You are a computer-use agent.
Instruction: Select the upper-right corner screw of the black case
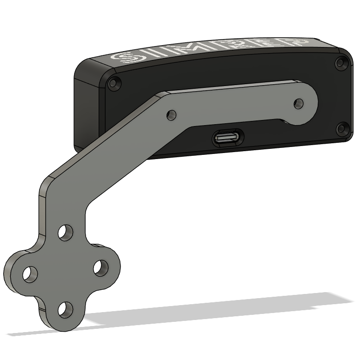341,62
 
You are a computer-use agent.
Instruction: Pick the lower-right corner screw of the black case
342,129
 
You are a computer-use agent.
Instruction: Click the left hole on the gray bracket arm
172,114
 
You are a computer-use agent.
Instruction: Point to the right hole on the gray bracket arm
299,104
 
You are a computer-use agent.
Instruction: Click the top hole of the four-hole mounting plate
66,233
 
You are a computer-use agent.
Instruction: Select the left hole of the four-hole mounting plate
30,274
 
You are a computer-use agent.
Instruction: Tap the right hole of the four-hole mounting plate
101,268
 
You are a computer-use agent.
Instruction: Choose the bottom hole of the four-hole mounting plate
66,310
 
